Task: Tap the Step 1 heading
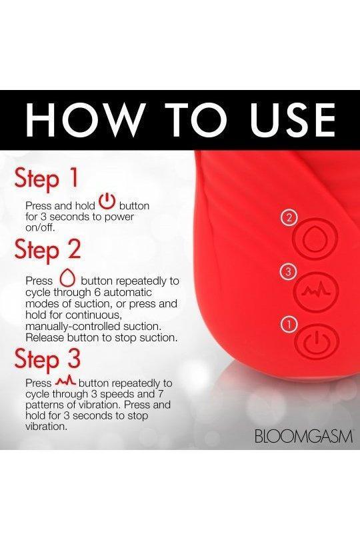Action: (x=47, y=179)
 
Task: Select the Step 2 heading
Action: (x=47, y=251)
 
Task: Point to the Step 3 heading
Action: (x=47, y=359)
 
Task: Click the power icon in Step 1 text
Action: (x=107, y=202)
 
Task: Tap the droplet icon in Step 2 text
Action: (x=67, y=277)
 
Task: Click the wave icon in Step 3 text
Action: (x=66, y=381)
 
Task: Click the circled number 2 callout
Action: (x=289, y=217)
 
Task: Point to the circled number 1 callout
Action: (x=289, y=325)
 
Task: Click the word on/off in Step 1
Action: (x=40, y=227)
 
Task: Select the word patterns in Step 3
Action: (x=45, y=405)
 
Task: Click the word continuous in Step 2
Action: (x=94, y=315)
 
